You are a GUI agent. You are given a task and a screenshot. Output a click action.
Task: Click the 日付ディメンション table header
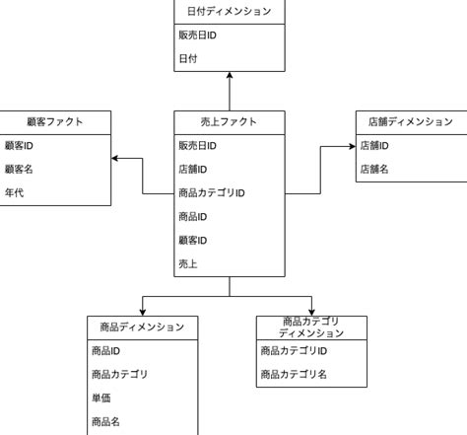[229, 12]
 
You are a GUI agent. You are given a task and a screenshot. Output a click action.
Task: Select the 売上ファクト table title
[229, 122]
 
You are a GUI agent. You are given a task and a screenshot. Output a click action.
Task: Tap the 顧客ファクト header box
[55, 122]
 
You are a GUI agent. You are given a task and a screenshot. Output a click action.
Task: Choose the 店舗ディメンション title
[410, 122]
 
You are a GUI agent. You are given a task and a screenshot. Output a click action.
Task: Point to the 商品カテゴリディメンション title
[311, 327]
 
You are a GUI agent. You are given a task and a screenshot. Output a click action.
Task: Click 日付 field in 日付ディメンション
[188, 59]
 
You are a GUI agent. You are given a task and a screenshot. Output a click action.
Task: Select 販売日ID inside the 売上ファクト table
[197, 146]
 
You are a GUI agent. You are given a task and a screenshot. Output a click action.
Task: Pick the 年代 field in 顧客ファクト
[14, 192]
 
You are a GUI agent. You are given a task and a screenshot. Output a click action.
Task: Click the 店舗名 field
[373, 169]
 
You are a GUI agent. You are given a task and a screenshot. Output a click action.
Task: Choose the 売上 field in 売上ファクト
[188, 263]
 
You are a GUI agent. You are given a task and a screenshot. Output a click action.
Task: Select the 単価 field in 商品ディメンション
[101, 398]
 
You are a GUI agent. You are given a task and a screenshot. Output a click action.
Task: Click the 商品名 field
[105, 421]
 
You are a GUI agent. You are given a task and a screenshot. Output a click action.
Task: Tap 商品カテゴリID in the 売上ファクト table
[211, 193]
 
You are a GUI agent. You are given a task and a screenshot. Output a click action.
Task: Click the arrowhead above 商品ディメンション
[143, 311]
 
